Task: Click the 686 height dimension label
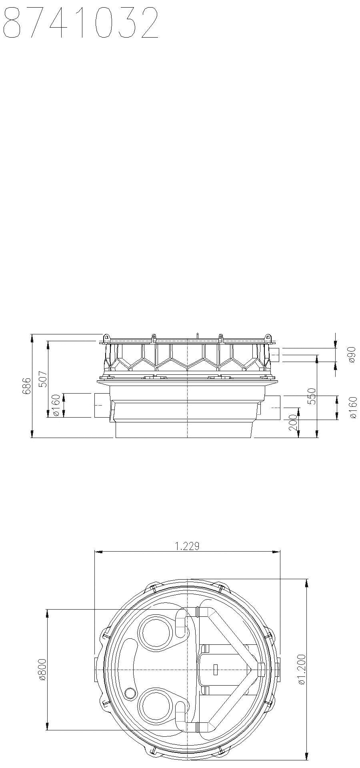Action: (x=27, y=386)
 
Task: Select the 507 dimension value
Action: (x=43, y=379)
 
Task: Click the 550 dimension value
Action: (x=312, y=396)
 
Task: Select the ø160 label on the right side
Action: (x=352, y=407)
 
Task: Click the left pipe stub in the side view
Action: (x=101, y=405)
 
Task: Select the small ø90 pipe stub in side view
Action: (x=275, y=354)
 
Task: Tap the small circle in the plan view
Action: (x=130, y=692)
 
